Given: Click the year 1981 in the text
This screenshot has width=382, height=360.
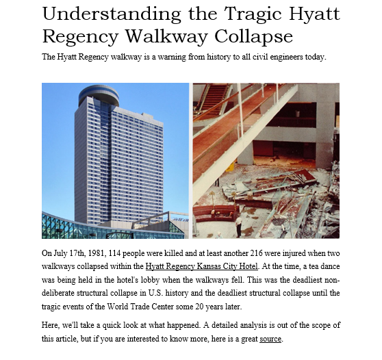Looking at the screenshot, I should point(94,254).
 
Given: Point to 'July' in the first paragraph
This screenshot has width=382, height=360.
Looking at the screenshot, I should point(60,254).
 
